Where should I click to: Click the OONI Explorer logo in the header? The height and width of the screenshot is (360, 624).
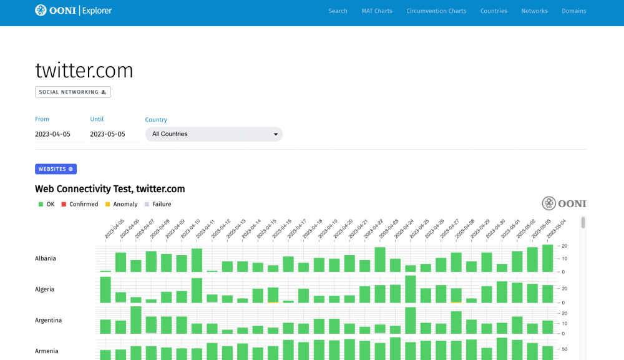click(73, 11)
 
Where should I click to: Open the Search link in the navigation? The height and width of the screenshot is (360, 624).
click(338, 11)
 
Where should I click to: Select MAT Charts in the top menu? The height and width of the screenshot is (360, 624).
click(376, 11)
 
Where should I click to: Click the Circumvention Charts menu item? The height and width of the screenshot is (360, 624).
click(436, 11)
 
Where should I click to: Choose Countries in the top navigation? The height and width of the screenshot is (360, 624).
click(494, 11)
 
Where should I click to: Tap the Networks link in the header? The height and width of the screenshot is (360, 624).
click(534, 11)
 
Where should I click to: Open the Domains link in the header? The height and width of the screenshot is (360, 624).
click(573, 11)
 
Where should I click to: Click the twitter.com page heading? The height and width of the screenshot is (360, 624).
click(84, 71)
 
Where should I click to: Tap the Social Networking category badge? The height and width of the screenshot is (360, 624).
click(72, 92)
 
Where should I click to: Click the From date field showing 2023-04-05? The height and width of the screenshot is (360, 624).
click(58, 134)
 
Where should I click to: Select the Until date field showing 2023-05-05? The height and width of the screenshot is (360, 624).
click(113, 134)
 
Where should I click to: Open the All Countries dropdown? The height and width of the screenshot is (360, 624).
click(213, 134)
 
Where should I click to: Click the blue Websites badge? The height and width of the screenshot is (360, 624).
click(56, 169)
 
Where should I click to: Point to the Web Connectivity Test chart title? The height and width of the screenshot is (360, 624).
click(110, 189)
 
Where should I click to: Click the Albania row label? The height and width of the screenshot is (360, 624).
click(46, 258)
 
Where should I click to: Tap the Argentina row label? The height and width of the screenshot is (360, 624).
click(48, 320)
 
